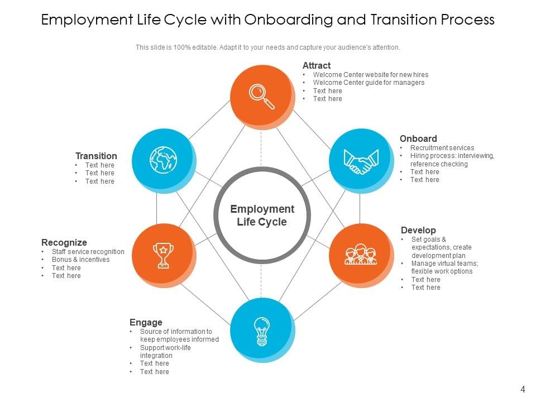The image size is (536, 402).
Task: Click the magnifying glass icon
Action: [261, 95]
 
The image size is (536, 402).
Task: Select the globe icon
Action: [162, 160]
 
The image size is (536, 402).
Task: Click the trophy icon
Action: [163, 255]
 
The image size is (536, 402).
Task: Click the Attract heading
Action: [317, 65]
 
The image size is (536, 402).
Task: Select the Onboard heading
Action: [418, 138]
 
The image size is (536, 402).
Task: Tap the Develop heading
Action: [418, 230]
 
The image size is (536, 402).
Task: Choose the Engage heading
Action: [146, 322]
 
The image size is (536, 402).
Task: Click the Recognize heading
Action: [64, 242]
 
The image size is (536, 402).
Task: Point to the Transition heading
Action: [96, 156]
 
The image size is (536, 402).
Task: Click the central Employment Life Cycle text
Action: [262, 216]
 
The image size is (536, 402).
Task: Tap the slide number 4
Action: [523, 389]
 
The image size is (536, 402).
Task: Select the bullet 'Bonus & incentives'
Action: [80, 260]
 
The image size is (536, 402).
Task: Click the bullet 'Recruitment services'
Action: [442, 148]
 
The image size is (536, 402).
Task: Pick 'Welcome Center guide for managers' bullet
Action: [368, 83]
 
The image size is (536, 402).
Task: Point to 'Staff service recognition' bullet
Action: [88, 252]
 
